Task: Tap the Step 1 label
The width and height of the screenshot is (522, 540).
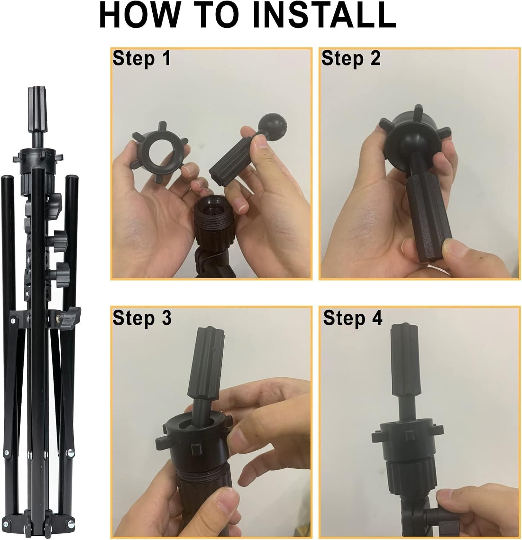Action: point(141,58)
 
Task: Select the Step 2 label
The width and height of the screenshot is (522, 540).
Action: point(351,58)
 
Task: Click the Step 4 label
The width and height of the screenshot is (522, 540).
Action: point(352,318)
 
